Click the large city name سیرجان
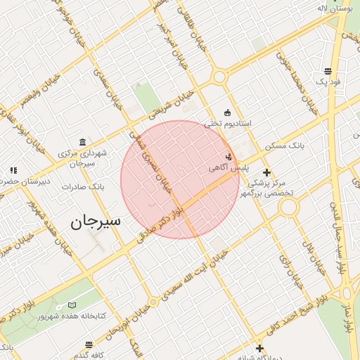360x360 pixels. tap(96, 221)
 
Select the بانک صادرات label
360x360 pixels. tap(83, 187)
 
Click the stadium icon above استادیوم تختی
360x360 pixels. tap(227, 112)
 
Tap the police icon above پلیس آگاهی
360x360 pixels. tap(229, 157)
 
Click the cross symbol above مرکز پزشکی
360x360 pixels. tap(266, 172)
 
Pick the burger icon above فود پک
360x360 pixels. tap(328, 71)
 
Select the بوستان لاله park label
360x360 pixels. tap(333, 8)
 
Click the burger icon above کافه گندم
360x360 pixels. tap(89, 345)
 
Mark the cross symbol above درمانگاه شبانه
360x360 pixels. tap(259, 347)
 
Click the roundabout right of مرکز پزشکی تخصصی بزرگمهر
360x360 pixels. tap(289, 207)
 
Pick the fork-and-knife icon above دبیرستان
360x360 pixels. tap(13, 170)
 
